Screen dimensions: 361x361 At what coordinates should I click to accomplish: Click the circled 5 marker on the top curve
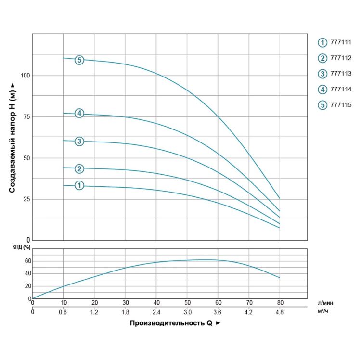click(79, 60)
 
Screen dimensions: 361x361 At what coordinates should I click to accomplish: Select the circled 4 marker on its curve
click(79, 114)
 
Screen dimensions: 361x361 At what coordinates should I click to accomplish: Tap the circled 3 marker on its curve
click(79, 141)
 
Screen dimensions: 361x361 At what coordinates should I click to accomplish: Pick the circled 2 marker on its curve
click(79, 168)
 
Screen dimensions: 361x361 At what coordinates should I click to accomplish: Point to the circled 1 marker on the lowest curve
click(79, 185)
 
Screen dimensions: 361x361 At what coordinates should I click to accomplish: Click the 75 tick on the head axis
click(27, 117)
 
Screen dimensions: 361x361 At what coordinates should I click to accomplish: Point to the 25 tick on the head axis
click(27, 199)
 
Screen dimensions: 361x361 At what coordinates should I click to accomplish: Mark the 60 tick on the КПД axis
click(27, 261)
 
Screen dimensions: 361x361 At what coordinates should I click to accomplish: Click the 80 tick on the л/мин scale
click(280, 303)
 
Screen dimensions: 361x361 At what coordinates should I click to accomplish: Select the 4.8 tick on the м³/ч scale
click(280, 312)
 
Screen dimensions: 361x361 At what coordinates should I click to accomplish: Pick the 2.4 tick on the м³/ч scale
click(156, 312)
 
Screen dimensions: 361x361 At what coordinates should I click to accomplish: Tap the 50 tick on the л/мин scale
click(187, 303)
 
